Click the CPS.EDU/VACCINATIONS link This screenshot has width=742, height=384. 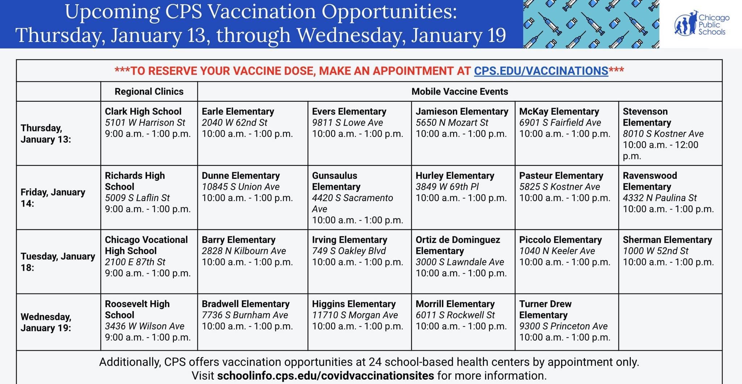541,71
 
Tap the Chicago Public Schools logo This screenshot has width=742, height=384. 701,24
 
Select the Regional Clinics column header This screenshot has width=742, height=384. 149,92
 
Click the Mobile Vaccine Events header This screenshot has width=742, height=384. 460,92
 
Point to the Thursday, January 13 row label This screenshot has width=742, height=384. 46,134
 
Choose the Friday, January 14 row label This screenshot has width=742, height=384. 53,198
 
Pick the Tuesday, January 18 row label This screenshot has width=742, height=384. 58,262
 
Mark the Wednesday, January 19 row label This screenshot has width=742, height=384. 46,322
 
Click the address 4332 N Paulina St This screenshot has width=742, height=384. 660,198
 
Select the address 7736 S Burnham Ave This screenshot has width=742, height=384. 245,315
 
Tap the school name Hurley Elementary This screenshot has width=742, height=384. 455,176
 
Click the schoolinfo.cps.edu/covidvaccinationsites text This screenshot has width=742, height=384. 325,376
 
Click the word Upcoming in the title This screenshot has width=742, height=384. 112,12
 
